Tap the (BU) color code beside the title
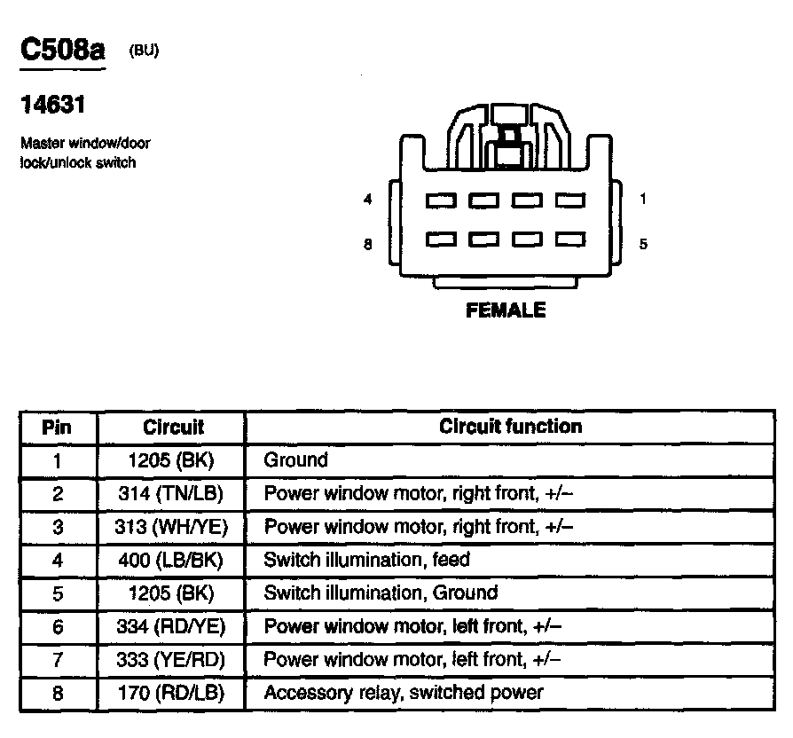click(144, 51)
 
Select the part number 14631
click(52, 105)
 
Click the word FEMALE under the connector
click(506, 310)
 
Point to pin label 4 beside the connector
click(368, 200)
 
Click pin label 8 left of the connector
click(368, 244)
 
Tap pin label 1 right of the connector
click(643, 200)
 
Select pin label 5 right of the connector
click(643, 244)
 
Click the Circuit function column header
click(511, 427)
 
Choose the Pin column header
click(57, 428)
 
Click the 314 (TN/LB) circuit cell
click(172, 493)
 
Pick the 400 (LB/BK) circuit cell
click(172, 560)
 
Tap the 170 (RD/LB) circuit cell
click(172, 692)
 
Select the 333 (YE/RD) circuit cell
click(172, 659)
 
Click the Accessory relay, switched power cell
click(404, 692)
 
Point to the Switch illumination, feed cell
click(367, 560)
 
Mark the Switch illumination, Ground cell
click(381, 593)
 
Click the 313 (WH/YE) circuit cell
click(172, 527)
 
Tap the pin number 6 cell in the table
click(58, 626)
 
